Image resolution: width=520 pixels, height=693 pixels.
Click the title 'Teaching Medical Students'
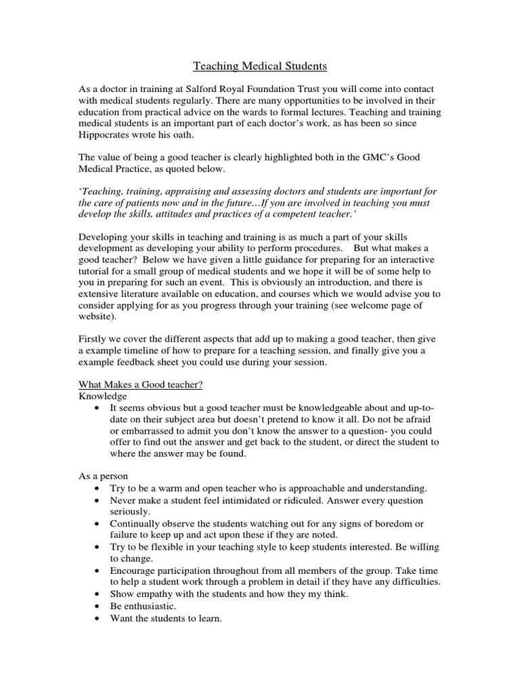(260, 66)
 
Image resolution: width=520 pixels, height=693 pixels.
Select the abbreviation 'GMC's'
(368, 157)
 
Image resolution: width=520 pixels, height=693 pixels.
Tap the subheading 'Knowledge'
(102, 396)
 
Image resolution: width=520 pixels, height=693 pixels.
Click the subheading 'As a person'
(104, 476)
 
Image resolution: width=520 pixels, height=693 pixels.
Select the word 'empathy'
(150, 593)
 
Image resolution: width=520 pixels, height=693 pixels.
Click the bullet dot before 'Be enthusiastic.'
(99, 606)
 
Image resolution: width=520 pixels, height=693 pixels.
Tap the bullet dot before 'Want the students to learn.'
(99, 617)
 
